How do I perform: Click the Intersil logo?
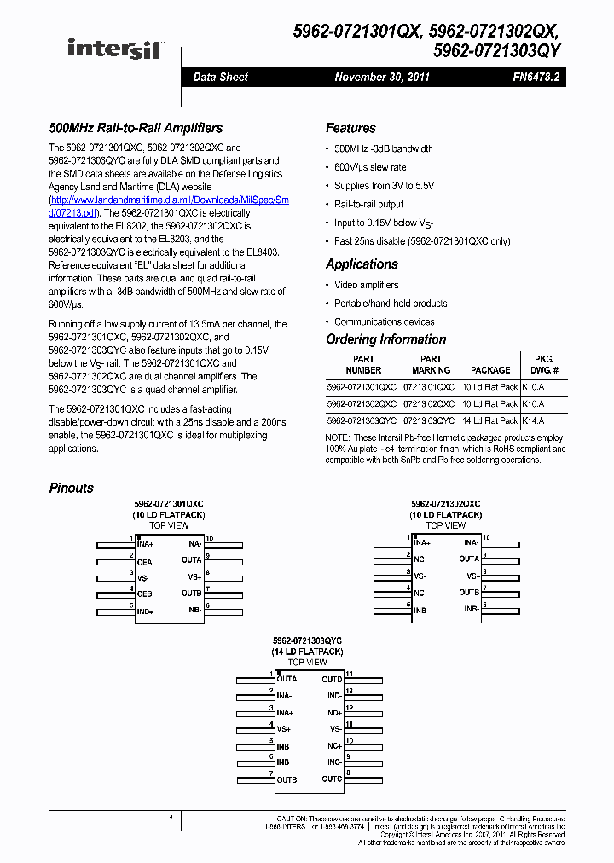click(115, 48)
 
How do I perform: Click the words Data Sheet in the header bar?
click(220, 77)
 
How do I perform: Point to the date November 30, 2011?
click(382, 77)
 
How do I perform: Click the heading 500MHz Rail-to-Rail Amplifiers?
click(136, 128)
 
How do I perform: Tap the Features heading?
click(350, 128)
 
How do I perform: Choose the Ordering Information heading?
click(385, 339)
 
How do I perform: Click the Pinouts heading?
click(71, 488)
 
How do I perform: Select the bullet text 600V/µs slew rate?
click(370, 167)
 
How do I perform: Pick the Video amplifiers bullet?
click(366, 285)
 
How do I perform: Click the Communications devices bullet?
click(384, 321)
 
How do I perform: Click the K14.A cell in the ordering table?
click(533, 420)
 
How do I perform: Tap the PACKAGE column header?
click(490, 370)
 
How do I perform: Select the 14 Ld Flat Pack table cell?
click(490, 420)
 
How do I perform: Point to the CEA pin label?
click(145, 562)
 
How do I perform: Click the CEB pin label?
click(145, 594)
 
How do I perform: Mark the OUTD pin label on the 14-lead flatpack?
click(332, 680)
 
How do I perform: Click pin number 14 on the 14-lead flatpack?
click(349, 674)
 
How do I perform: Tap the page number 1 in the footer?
click(171, 820)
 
